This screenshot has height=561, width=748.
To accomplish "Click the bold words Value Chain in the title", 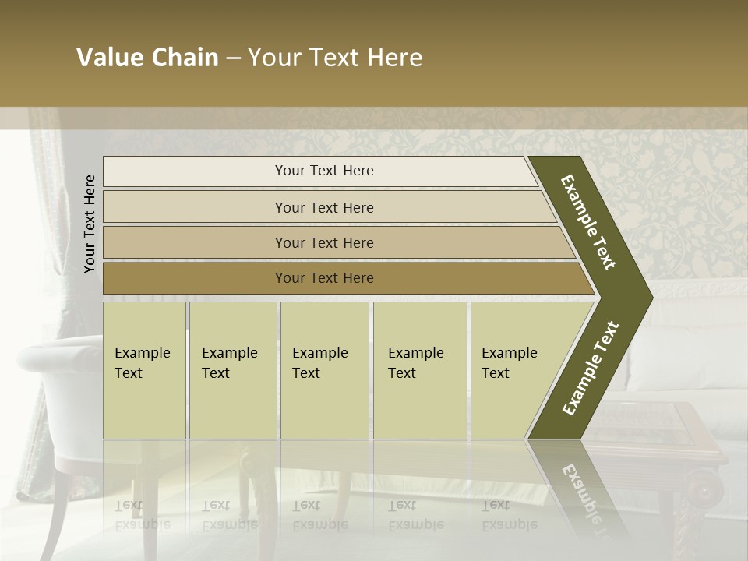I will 147,58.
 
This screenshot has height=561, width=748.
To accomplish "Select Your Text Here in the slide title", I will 335,58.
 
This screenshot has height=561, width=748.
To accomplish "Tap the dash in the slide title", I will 233,58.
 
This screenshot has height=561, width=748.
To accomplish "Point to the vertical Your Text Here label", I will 90,224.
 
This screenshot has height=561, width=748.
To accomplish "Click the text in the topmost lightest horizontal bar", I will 324,171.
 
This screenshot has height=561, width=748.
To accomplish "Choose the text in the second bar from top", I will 324,207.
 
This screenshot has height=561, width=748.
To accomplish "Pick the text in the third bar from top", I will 324,242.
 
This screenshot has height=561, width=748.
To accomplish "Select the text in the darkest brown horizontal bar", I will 324,277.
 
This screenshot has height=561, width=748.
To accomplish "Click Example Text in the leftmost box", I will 142,363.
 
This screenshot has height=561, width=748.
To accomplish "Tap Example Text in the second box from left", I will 229,363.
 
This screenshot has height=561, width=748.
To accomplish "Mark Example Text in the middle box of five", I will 319,363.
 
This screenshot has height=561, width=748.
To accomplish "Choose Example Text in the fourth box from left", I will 415,363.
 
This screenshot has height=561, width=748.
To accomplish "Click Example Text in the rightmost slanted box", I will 509,363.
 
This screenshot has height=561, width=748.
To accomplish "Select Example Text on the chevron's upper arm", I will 588,222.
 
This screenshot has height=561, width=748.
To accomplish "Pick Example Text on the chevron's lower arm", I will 590,369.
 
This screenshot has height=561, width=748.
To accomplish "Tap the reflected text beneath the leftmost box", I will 142,515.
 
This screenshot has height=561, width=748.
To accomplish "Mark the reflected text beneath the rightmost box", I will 509,515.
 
